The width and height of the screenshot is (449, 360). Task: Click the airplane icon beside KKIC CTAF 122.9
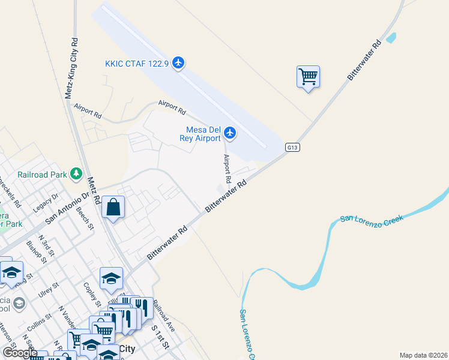178,62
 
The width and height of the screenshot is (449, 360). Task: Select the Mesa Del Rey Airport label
201,134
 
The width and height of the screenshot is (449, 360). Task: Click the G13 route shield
292,147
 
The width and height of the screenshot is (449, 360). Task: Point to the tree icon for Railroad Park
76,174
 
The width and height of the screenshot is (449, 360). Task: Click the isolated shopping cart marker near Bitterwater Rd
308,77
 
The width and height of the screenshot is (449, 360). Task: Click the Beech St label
84,218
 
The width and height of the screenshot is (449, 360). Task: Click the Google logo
20,353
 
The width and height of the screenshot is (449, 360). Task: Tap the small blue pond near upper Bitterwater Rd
391,37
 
